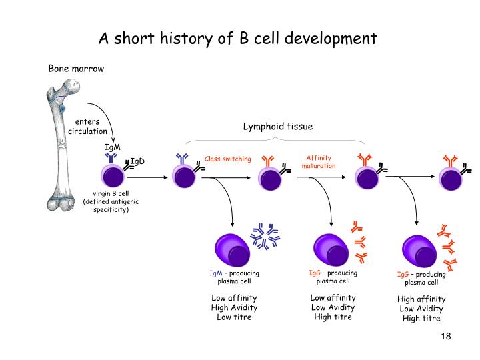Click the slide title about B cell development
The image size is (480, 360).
point(238,37)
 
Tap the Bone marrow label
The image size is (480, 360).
point(76,69)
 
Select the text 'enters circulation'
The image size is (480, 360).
point(87,126)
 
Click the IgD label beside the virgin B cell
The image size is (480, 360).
point(137,161)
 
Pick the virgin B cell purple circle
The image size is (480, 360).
point(111,177)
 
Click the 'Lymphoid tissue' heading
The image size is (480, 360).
point(277,126)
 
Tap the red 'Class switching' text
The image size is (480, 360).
point(228,159)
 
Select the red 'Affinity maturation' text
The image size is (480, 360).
point(319,161)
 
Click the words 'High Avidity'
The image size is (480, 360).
point(234,307)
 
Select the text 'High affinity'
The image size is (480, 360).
point(421,299)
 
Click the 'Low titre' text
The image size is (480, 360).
point(234,317)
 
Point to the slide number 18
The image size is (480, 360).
point(446,336)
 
